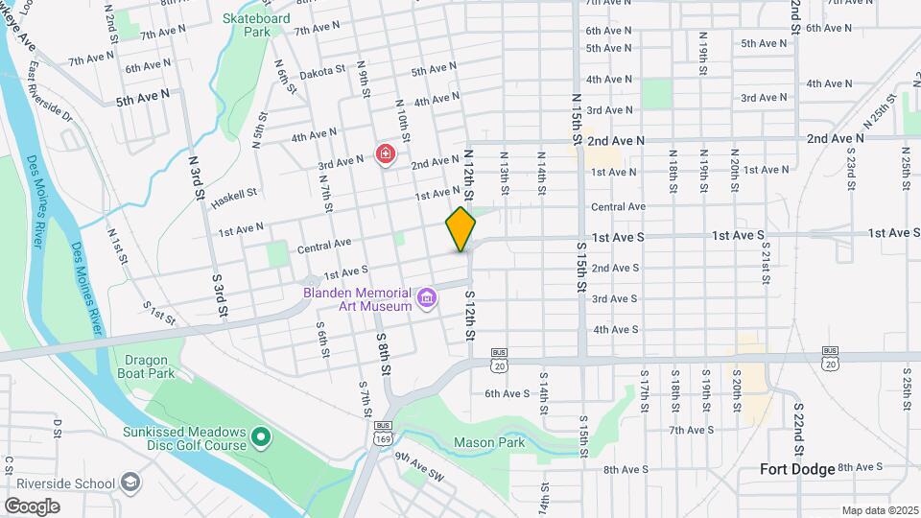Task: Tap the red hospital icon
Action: coord(385,153)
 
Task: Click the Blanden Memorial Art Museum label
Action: coord(357,299)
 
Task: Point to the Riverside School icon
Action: coord(130,481)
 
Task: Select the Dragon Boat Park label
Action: coord(147,367)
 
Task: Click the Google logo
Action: coord(32,506)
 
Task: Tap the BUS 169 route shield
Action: coord(383,432)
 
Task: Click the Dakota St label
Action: coord(320,72)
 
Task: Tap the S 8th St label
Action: coord(383,355)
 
